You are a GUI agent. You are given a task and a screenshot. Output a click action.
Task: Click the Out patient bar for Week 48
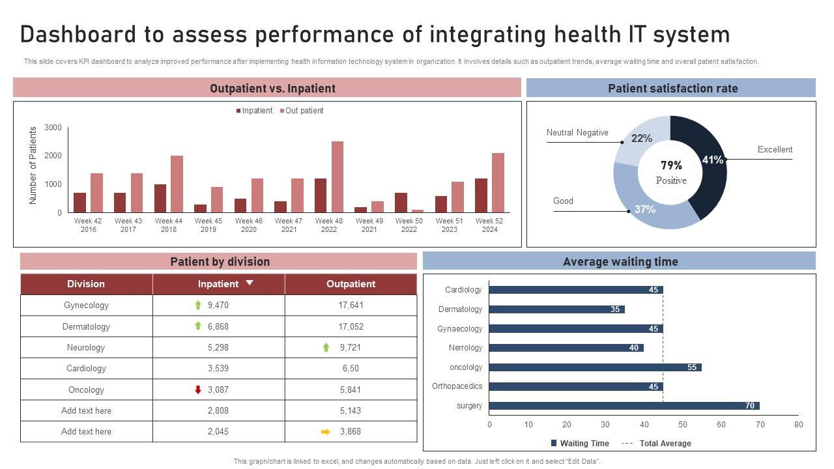(x=338, y=177)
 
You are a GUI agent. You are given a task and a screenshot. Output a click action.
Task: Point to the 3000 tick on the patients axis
(x=53, y=128)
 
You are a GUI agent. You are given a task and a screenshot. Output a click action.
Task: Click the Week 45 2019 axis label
(x=208, y=225)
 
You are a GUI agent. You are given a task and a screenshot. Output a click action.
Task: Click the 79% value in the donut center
(x=671, y=165)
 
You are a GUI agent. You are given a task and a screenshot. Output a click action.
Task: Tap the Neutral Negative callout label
(x=577, y=133)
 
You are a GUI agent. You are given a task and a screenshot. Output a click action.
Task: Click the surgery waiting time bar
(x=624, y=406)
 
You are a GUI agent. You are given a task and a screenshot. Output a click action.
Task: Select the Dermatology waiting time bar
(x=556, y=309)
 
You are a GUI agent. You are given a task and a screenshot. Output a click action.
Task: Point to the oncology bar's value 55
(x=692, y=367)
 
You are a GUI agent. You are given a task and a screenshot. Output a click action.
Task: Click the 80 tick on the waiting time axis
(x=798, y=425)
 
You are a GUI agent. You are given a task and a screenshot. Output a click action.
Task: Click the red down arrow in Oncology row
(x=198, y=390)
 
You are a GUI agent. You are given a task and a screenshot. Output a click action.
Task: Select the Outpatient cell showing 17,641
(x=351, y=305)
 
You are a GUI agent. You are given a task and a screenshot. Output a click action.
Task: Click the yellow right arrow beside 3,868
(x=326, y=431)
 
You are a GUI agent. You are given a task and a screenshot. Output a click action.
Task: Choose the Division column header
(x=86, y=284)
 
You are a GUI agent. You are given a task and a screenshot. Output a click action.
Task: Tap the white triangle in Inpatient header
(x=249, y=283)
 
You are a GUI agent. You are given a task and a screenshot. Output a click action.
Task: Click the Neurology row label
(x=86, y=347)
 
